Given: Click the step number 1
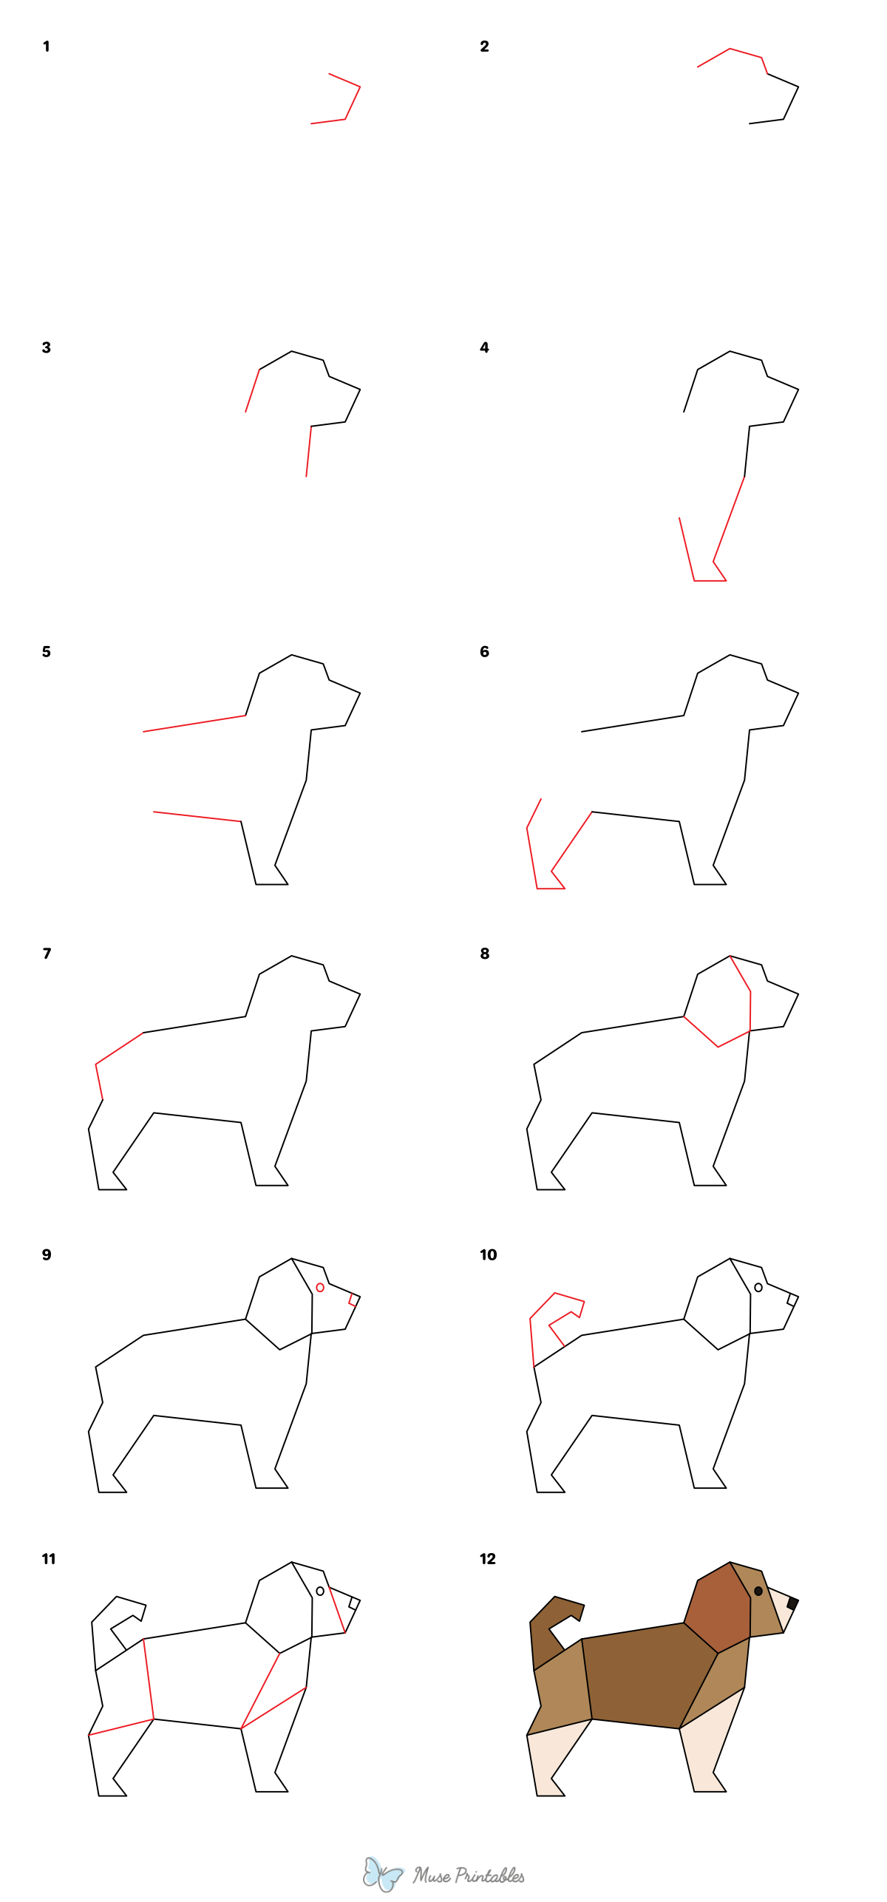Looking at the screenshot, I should [47, 47].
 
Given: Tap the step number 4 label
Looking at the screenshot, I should [484, 347].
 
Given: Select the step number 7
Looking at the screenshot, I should [47, 954].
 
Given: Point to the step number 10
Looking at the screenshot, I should [488, 1254].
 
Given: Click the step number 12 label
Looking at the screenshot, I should [488, 1559].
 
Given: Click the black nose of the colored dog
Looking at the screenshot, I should [792, 1603].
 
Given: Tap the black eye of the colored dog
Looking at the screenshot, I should [758, 1591].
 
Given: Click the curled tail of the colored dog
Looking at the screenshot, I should [547, 1626].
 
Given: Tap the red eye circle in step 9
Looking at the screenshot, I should [320, 1287].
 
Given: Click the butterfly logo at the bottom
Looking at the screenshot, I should [382, 1874].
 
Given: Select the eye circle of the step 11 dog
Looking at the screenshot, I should [320, 1591].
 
